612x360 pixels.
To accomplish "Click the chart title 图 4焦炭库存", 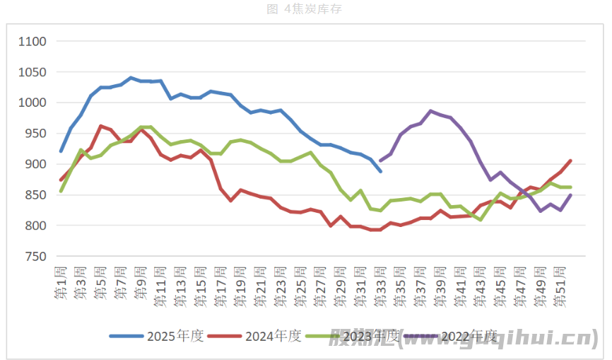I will click(305, 8).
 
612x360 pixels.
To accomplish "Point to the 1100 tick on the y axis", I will click(32, 42).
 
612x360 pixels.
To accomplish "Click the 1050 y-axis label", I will click(32, 72).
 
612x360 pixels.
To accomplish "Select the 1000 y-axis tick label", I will click(32, 103).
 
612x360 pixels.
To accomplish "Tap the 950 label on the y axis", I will click(35, 134).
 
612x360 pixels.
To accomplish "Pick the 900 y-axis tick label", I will click(35, 164).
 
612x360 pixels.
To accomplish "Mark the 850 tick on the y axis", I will click(35, 195).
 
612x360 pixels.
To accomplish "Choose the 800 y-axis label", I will click(35, 226).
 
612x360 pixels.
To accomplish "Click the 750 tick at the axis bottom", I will click(35, 257).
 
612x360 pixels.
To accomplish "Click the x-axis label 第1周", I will click(61, 283).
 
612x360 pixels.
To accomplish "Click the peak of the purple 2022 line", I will click(430, 111).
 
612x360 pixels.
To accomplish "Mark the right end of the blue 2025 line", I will click(380, 171).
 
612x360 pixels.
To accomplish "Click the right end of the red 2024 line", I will click(570, 161).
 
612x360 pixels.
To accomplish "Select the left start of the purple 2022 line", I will click(380, 161).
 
